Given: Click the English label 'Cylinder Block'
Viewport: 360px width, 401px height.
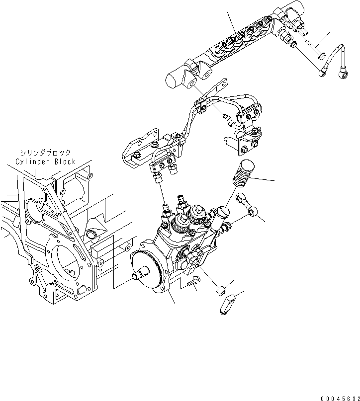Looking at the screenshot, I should tap(45, 161).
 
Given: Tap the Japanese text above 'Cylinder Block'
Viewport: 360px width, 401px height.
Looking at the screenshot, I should tap(45, 153).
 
